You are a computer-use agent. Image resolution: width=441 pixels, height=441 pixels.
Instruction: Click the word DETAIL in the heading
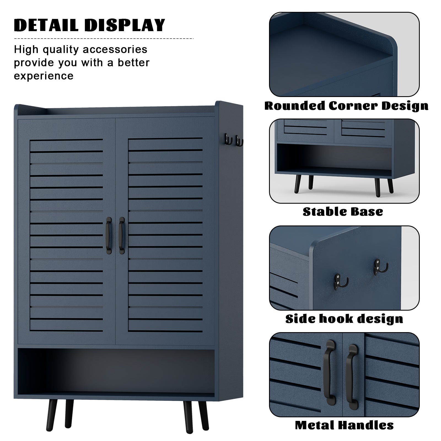coord(47,25)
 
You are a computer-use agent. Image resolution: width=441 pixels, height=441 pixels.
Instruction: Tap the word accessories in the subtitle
coord(115,50)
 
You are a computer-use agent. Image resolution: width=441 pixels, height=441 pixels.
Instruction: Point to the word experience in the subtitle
coord(44,76)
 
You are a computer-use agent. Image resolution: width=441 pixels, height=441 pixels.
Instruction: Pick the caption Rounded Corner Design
coord(346,106)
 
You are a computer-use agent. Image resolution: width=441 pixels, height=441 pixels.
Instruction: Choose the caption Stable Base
coord(343,212)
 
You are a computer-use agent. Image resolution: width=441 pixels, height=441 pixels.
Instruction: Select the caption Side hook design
coord(344,319)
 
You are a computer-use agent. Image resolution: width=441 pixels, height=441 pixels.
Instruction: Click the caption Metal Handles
coord(344,425)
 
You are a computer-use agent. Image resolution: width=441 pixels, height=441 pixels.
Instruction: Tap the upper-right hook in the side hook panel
coord(378,266)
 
